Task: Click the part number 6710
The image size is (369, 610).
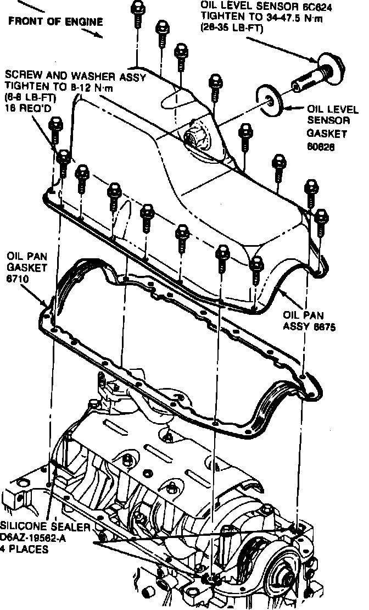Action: point(18,279)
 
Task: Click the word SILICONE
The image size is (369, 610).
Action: point(23,525)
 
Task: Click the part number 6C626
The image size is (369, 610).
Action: point(321,147)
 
